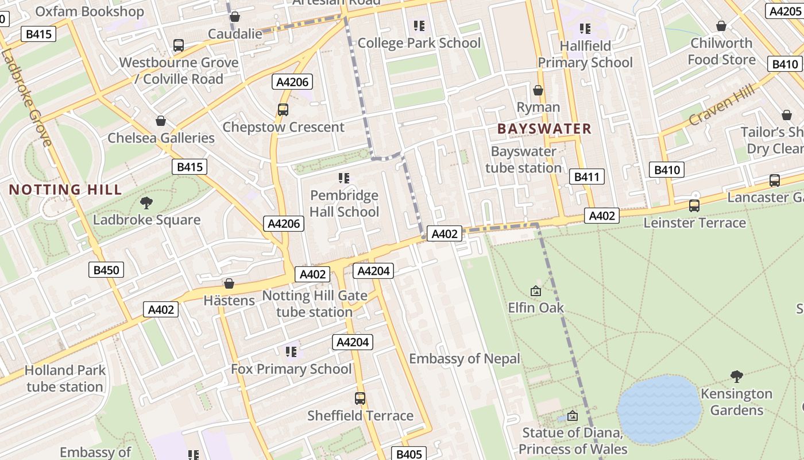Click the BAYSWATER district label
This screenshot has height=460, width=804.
point(544,129)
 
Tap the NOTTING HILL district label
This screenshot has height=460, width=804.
point(65,190)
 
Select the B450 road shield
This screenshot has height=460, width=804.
point(106,270)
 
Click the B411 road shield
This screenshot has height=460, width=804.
point(586,177)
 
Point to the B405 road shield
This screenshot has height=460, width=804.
point(409,454)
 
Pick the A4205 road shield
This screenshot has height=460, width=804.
point(785,11)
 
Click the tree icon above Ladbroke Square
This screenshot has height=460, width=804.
point(146,202)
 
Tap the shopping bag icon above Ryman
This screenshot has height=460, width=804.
point(538,90)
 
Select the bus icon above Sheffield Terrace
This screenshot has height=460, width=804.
point(360,398)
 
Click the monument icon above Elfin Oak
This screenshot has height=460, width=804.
point(536,291)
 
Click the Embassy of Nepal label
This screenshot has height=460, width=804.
point(464,359)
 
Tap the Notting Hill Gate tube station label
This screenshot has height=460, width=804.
point(314,304)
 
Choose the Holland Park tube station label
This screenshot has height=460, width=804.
point(65,378)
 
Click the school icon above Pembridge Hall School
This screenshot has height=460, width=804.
point(344,178)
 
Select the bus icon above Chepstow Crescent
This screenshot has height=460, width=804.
point(283,109)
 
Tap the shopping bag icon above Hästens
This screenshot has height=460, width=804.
point(229,283)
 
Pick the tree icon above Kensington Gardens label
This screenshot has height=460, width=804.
point(736,377)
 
